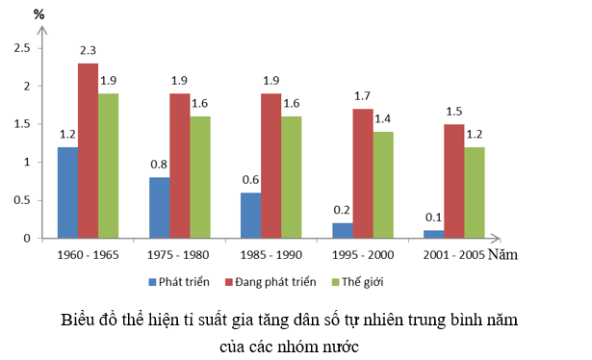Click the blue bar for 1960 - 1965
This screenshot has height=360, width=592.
67,193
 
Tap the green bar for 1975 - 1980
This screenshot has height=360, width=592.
200,177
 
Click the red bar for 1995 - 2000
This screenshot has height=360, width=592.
362,173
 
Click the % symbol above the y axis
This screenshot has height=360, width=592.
39,15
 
